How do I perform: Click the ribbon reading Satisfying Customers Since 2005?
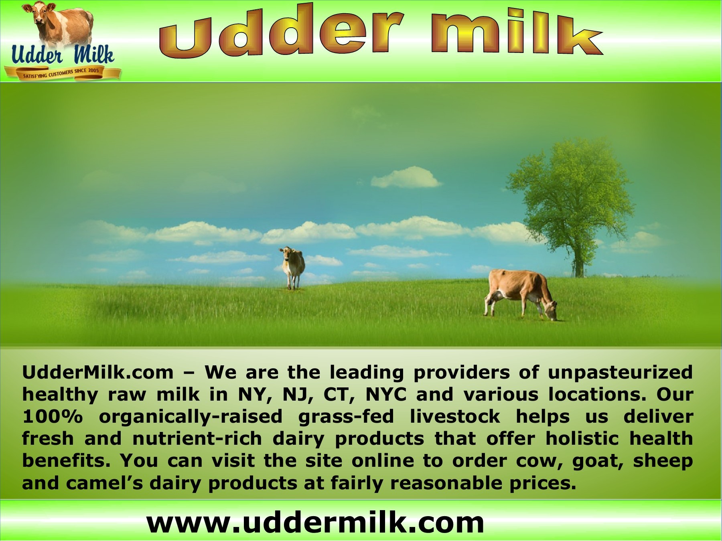point(62,73)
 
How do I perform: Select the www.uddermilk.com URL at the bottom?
point(315,523)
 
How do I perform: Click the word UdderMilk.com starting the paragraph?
point(98,373)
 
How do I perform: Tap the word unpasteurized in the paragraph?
point(620,373)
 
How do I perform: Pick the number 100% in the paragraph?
point(52,417)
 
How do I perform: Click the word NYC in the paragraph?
point(386,395)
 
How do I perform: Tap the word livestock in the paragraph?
point(455,417)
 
